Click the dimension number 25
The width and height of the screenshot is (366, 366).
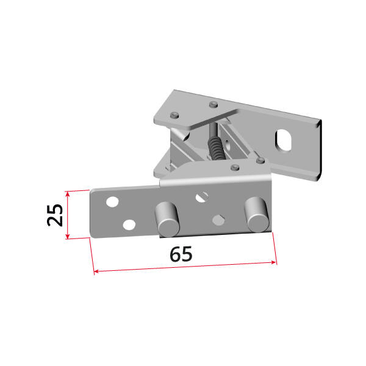55,215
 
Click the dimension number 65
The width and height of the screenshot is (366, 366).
181,254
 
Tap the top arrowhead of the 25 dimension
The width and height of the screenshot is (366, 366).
68,194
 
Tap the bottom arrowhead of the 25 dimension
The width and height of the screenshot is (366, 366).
68,236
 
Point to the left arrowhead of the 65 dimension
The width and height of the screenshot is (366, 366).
96,271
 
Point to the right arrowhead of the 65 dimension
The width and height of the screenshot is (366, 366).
274,262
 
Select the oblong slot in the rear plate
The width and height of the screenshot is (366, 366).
284,140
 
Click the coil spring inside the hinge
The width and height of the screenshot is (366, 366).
216,148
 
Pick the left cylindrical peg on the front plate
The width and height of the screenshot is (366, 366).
167,219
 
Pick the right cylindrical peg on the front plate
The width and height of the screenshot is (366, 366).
257,214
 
